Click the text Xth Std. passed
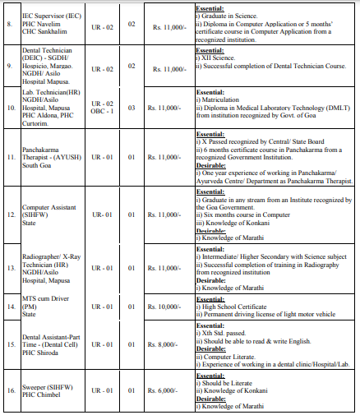pos(222,333)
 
